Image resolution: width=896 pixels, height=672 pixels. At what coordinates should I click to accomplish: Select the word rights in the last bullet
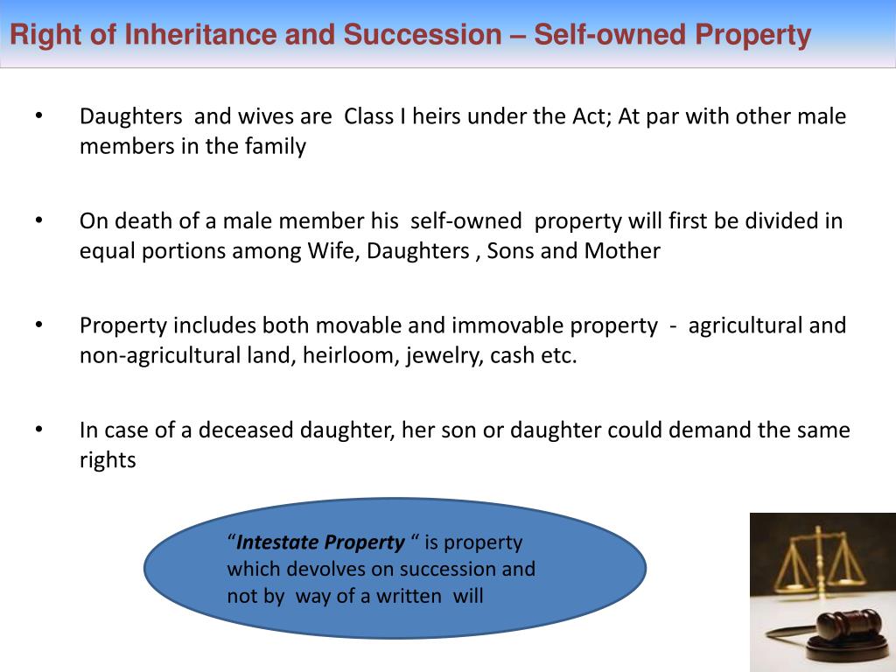point(108,460)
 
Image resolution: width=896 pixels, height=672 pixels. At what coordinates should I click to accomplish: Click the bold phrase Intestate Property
point(321,542)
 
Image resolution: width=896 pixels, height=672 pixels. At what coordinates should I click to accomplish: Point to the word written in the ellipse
point(410,597)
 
